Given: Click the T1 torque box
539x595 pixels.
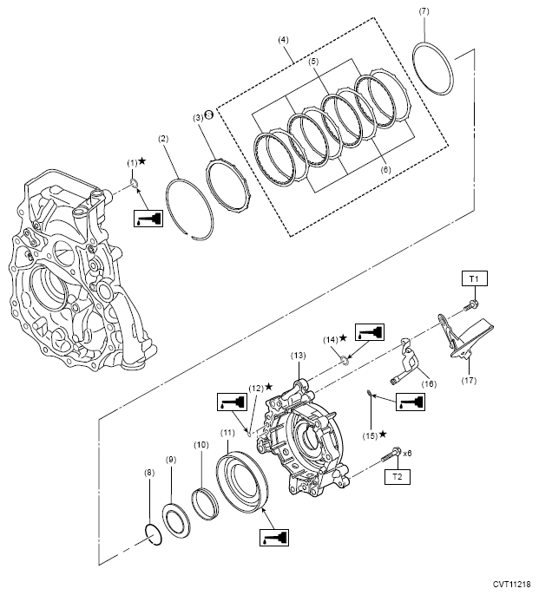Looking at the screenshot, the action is (474, 278).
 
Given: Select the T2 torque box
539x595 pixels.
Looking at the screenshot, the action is (398, 477).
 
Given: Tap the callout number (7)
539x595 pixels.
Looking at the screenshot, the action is (424, 11).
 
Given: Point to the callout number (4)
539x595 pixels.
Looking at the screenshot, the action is (283, 40).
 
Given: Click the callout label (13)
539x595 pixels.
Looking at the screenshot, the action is (299, 356).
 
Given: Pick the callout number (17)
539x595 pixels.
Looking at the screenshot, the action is (469, 380).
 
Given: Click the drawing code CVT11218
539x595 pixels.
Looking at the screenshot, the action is (512, 584).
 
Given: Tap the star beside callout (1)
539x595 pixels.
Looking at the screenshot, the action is (142, 161).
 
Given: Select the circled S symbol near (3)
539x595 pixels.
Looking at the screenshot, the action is (208, 114).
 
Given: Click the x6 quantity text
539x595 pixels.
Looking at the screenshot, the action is (408, 453).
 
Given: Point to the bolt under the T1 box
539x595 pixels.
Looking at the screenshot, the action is (471, 304).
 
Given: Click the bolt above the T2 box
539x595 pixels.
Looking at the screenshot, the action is (391, 455).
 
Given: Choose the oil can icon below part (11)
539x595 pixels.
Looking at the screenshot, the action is (274, 538).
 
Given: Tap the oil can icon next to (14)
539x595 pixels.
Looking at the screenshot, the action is (370, 332).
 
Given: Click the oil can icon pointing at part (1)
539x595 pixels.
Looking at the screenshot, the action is (148, 219).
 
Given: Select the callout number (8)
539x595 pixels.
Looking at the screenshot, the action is (149, 473).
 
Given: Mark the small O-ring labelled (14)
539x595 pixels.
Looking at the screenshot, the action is (344, 359).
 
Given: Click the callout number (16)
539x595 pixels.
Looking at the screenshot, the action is (429, 383).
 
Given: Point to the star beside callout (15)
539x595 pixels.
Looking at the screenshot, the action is (383, 434).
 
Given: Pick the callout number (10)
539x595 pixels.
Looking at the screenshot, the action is (201, 444).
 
